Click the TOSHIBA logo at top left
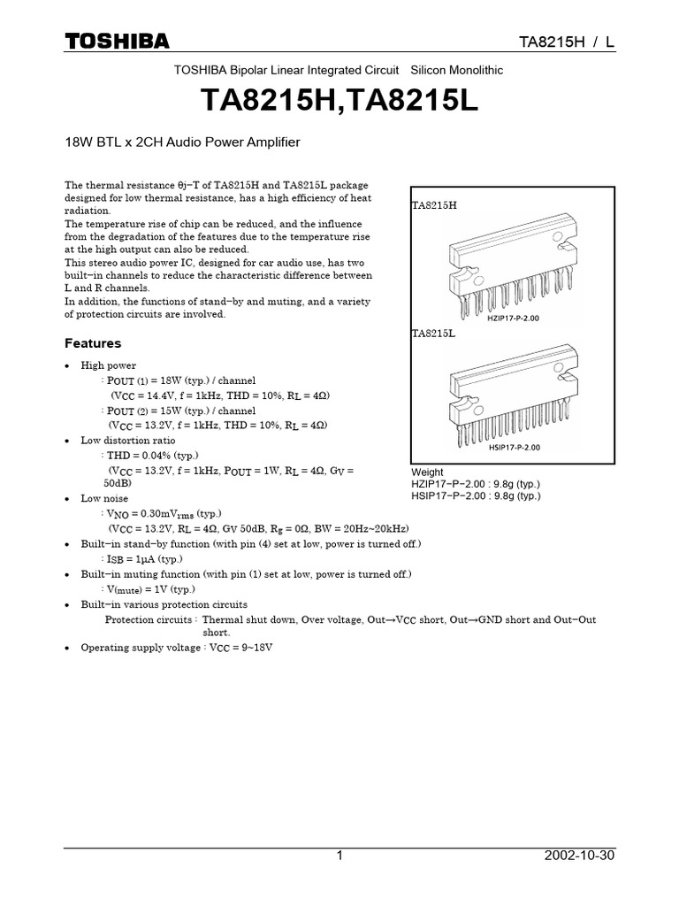click(x=116, y=42)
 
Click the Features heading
click(x=93, y=343)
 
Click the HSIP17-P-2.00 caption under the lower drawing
click(x=513, y=447)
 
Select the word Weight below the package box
click(x=427, y=472)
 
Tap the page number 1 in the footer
click(x=339, y=856)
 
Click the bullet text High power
click(x=109, y=365)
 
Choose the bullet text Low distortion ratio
click(x=128, y=440)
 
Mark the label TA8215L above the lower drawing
click(x=433, y=334)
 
